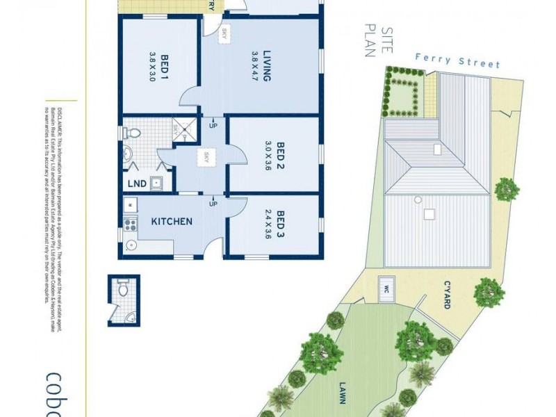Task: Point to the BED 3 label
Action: pyautogui.click(x=281, y=224)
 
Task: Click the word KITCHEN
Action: pyautogui.click(x=172, y=222)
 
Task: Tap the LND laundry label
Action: pyautogui.click(x=137, y=184)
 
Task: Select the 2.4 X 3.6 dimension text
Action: pyautogui.click(x=268, y=224)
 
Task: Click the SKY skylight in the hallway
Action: pyautogui.click(x=206, y=158)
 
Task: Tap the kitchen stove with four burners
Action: pyautogui.click(x=129, y=224)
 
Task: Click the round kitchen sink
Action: pyautogui.click(x=130, y=244)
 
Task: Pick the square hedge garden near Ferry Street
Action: pyautogui.click(x=402, y=95)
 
